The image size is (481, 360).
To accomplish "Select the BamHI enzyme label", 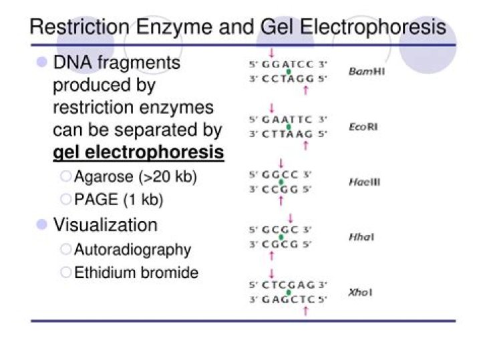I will point(366,71).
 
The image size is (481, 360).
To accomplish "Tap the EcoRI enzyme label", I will point(363,126).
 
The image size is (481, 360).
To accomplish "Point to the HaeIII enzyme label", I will point(364,182).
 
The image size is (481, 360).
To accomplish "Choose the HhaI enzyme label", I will point(361,237).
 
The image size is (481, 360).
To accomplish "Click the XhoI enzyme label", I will point(361,293).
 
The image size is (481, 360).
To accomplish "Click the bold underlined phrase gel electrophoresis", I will point(138,152).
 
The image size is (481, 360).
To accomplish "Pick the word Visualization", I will point(105,224).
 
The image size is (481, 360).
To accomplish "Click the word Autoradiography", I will point(132,250).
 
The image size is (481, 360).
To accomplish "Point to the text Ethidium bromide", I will point(136,273).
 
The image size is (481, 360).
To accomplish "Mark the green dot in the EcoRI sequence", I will point(289,126).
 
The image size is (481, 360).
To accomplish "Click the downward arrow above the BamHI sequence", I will point(272,52).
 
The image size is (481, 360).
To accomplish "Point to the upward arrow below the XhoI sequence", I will point(305,311).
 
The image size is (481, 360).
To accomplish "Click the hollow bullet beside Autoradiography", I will point(65,250).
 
